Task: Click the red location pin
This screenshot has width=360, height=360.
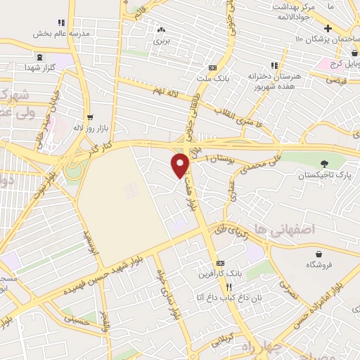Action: tap(181, 165)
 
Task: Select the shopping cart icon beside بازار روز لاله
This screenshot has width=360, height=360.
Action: tap(89, 117)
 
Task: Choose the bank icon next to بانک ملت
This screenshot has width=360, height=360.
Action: tap(212, 67)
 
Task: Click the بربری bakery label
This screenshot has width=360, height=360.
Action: tap(162, 40)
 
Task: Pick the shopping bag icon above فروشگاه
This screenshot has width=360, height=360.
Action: tap(320, 254)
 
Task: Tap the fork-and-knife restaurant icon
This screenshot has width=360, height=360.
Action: tap(229, 287)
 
